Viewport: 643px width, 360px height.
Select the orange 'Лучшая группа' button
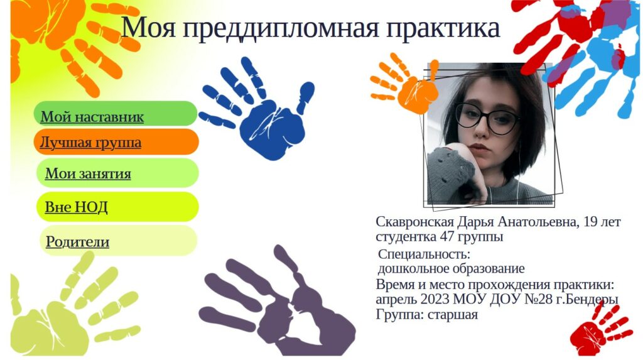pyautogui.click(x=116, y=142)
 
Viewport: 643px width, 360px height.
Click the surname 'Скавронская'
pyautogui.click(x=414, y=222)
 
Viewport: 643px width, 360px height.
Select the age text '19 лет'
pyautogui.click(x=602, y=222)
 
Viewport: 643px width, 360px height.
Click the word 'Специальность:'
pyautogui.click(x=424, y=254)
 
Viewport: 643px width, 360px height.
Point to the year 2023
pyautogui.click(x=435, y=299)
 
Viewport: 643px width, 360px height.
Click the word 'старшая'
pyautogui.click(x=452, y=315)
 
